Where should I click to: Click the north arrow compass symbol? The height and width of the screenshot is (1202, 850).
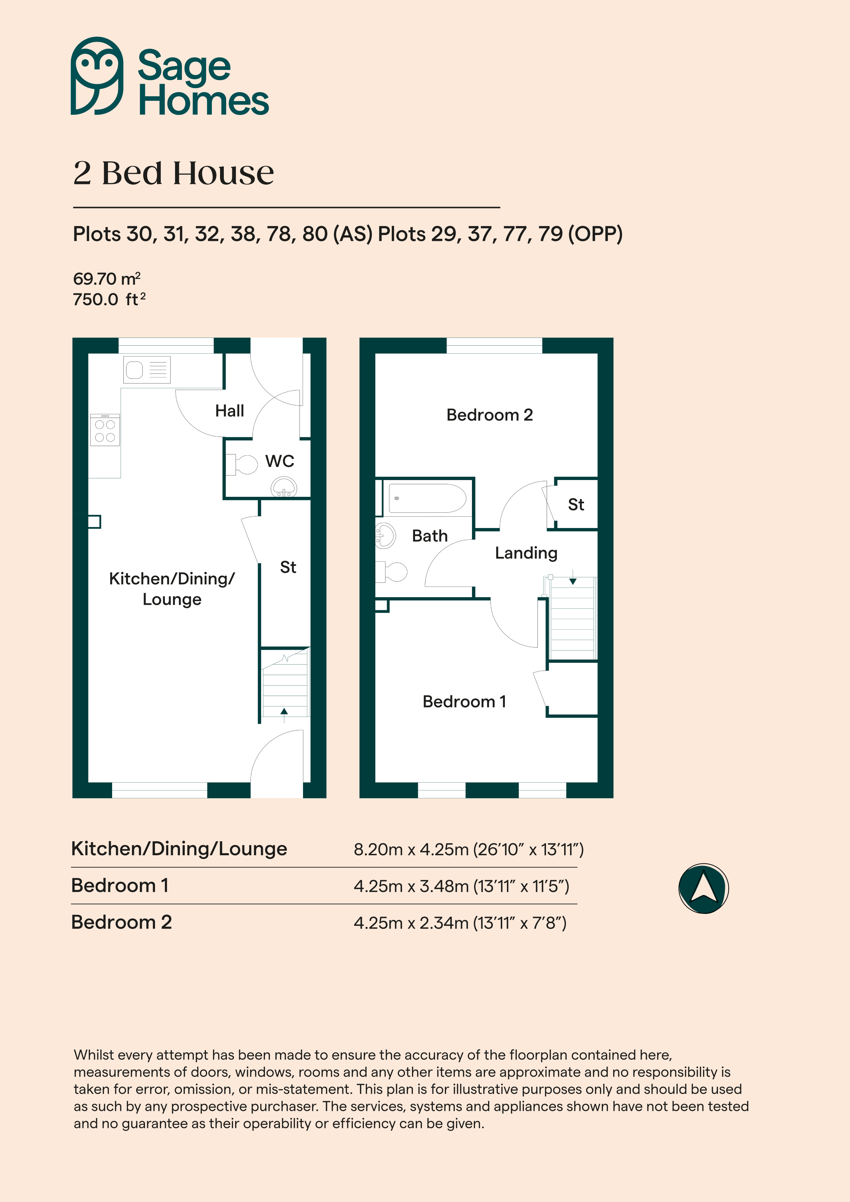(x=703, y=888)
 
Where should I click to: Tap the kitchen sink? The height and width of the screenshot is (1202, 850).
(x=147, y=370)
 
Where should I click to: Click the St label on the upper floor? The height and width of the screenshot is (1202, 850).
(x=576, y=505)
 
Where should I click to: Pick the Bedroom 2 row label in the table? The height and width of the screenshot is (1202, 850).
(x=122, y=922)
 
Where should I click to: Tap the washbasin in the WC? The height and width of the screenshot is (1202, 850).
(x=284, y=487)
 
